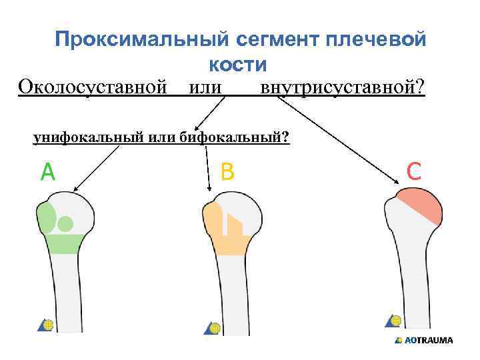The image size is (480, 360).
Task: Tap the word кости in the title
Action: pos(237,64)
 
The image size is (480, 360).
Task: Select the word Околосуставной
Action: pos(92,87)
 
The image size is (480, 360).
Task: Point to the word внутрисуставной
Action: pos(342,87)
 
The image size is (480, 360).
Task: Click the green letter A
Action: pos(47,173)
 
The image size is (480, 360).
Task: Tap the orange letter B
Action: pos(227,173)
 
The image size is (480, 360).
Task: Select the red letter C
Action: pos(413,173)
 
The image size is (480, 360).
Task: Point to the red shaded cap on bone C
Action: pos(419,204)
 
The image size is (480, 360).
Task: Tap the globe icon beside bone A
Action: pos(47,325)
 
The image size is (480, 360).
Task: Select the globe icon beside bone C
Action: pos(395,321)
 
